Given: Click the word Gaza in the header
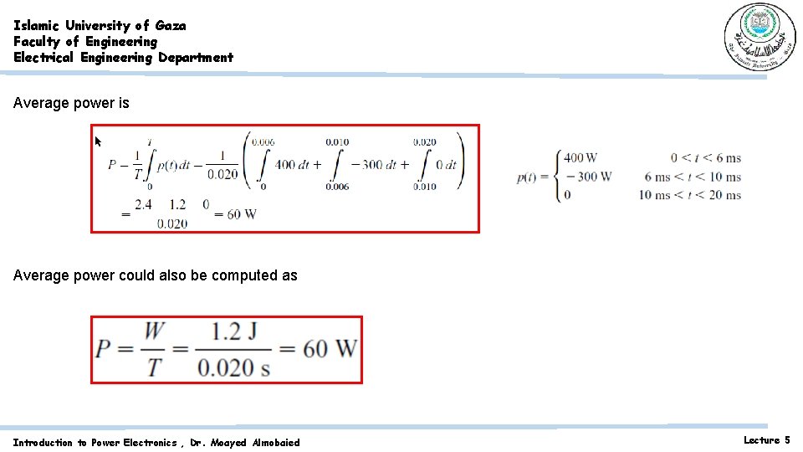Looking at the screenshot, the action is [x=171, y=25].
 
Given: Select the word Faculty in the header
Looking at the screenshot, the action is [x=36, y=41].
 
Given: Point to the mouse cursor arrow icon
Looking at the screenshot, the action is [x=98, y=141].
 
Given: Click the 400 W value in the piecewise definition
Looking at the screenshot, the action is [x=580, y=157].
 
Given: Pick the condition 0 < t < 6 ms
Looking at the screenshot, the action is [x=705, y=157].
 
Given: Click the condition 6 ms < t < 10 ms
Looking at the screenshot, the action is [x=692, y=177].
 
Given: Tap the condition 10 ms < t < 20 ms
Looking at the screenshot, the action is [x=689, y=195].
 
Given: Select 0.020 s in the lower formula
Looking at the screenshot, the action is [x=233, y=367].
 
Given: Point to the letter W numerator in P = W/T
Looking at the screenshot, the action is [x=155, y=331].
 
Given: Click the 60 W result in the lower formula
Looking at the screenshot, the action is [x=330, y=348].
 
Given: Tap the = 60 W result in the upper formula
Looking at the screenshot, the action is [x=234, y=213].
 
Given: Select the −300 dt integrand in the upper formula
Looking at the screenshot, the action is [x=379, y=164].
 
